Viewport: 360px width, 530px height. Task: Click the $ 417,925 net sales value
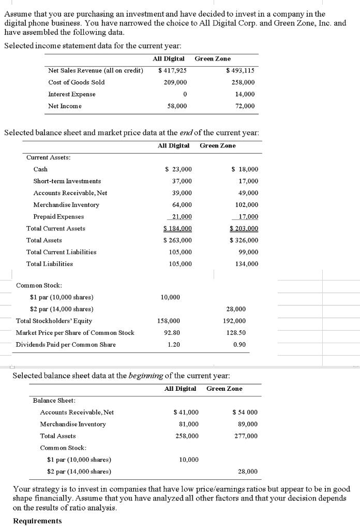pos(173,70)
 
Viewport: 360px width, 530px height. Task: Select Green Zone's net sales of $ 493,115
pos(241,70)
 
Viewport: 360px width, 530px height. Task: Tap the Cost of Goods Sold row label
pos(76,82)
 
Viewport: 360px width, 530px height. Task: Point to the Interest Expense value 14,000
pos(245,94)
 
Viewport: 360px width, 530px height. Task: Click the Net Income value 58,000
pos(177,106)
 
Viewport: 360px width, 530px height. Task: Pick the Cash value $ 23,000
pos(178,169)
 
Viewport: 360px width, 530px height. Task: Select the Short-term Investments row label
pos(67,181)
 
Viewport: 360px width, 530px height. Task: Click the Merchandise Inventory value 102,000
pos(247,205)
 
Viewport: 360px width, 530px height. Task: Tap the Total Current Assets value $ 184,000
pos(177,228)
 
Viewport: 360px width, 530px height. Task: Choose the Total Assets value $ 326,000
pos(244,240)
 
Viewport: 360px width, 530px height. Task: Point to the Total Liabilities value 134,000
pos(247,264)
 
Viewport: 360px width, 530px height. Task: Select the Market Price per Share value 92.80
pos(174,333)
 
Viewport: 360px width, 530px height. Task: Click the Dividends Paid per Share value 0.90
pos(239,345)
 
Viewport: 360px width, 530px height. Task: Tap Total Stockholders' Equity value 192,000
pos(236,321)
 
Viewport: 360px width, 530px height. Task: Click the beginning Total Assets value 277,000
pos(247,436)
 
